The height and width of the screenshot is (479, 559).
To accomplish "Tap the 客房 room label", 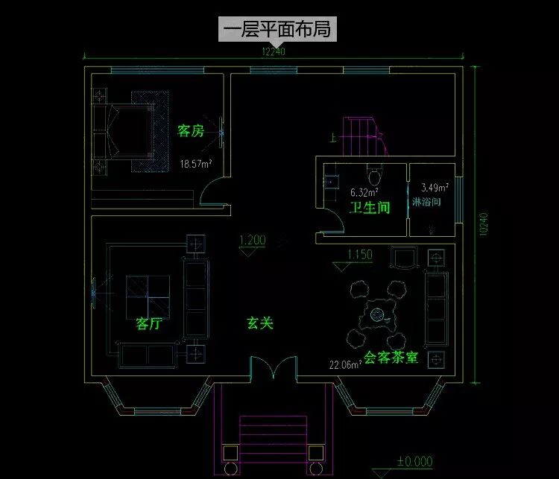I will pos(190,131).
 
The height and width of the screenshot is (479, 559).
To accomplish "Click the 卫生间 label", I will pos(370,208).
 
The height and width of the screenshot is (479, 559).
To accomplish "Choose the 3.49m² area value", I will pos(435,188).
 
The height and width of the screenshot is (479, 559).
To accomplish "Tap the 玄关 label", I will pos(261,323).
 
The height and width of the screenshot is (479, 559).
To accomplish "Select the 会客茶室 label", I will pos(391,357).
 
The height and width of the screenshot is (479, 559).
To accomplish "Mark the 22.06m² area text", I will pos(345,364).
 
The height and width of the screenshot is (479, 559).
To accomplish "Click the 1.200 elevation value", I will pos(252,241).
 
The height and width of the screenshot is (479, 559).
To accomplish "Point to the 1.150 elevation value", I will pos(359,255).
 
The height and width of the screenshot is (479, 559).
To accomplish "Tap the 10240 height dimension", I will pos(483,225).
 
